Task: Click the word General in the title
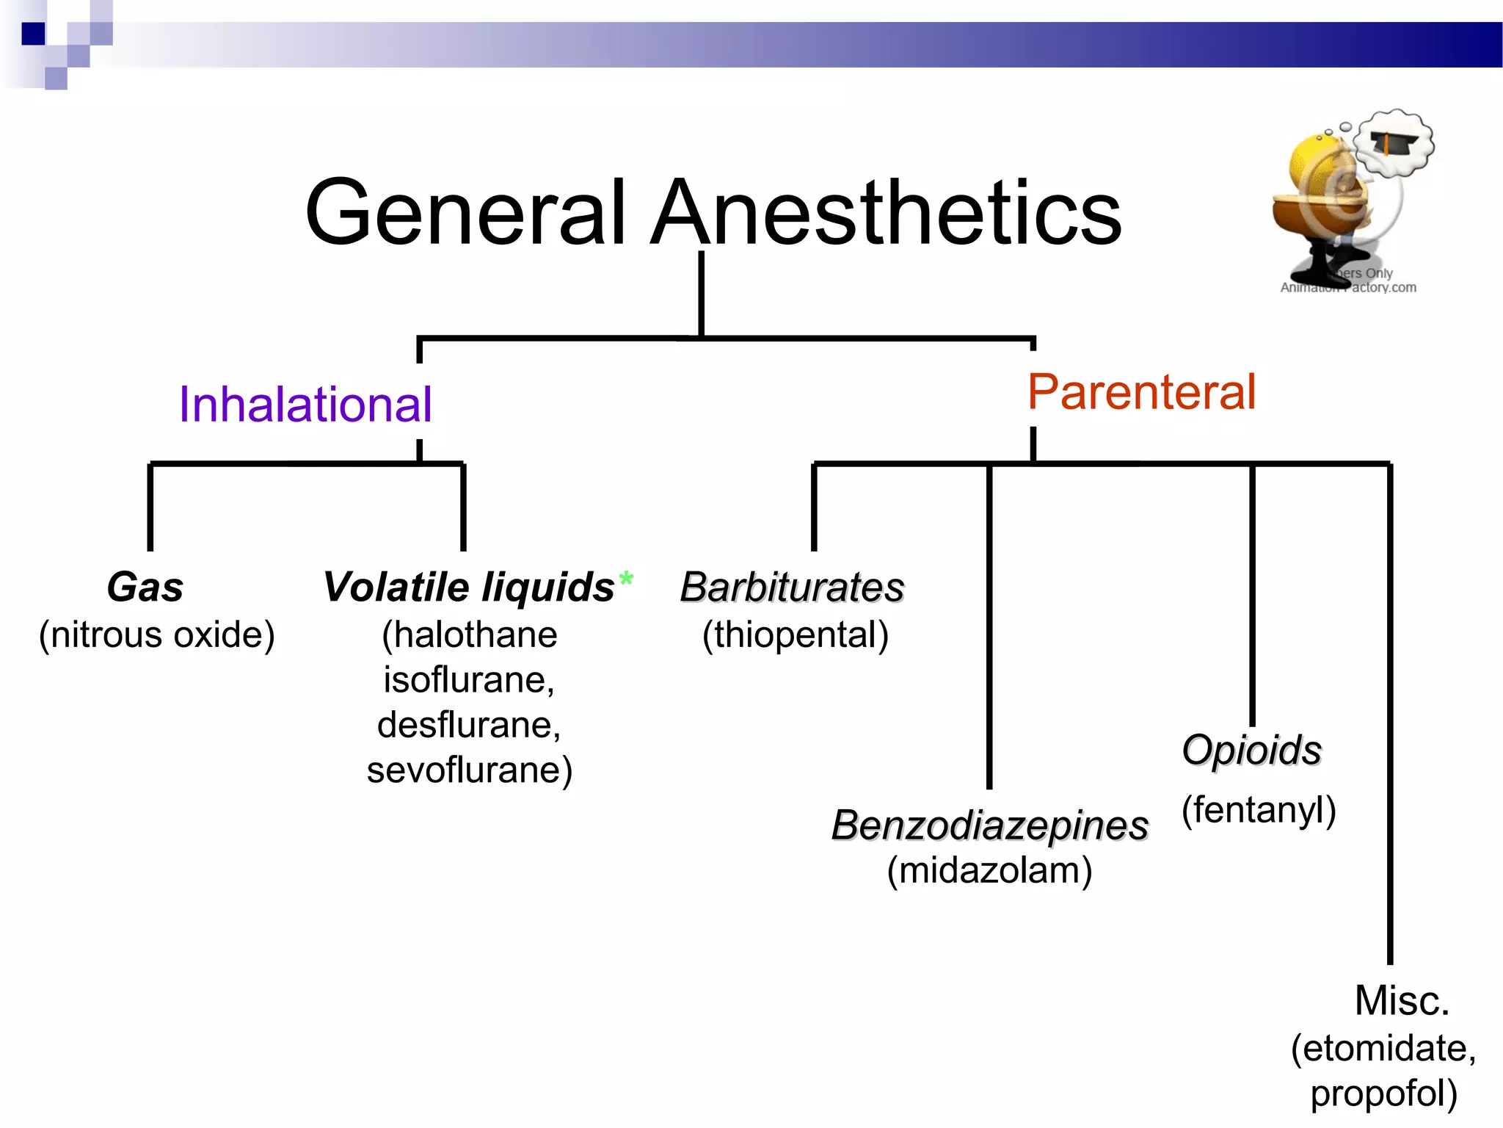[466, 213]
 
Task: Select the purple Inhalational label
[305, 405]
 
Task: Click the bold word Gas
[145, 587]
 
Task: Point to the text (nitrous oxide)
[156, 634]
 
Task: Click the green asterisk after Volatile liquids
[626, 580]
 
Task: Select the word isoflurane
[468, 680]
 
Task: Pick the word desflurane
[468, 726]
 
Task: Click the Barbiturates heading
[792, 587]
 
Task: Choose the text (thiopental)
[796, 634]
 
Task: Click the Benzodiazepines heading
[989, 825]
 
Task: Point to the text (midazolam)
[989, 871]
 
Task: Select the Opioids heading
[1251, 751]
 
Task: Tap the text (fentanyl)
[1259, 810]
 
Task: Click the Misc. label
[1402, 1001]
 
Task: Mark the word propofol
[1383, 1093]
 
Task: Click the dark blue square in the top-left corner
[33, 34]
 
